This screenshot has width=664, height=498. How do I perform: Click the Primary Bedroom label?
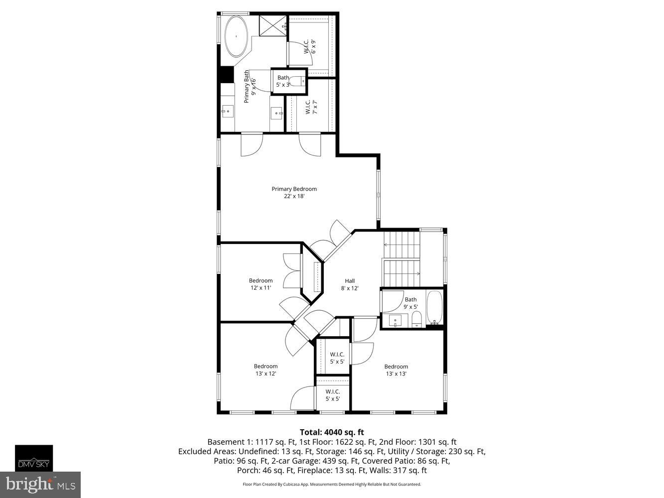point(294,192)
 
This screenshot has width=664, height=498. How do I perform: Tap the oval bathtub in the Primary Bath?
point(237,37)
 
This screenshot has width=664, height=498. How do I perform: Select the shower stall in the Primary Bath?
point(272,26)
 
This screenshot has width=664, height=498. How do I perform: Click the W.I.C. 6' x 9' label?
point(310,46)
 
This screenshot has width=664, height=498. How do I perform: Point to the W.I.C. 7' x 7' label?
point(311,107)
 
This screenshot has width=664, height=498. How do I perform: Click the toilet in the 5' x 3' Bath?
point(297,81)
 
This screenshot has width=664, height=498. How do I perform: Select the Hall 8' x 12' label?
point(350,284)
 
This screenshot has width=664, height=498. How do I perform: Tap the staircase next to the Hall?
point(401,259)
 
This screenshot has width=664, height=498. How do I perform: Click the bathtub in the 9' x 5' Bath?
point(434,307)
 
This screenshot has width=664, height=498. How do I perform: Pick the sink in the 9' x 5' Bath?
point(396,321)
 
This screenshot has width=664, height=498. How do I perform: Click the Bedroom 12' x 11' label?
point(261,284)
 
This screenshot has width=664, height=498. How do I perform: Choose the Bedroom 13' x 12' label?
point(266,370)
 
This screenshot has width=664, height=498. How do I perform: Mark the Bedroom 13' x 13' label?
point(396,370)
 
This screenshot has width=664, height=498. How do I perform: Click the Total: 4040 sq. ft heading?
point(332,432)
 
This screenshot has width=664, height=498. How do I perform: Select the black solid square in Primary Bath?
point(227,74)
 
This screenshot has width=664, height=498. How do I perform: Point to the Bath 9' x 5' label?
point(410,303)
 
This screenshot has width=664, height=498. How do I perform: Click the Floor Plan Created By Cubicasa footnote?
point(332,484)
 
